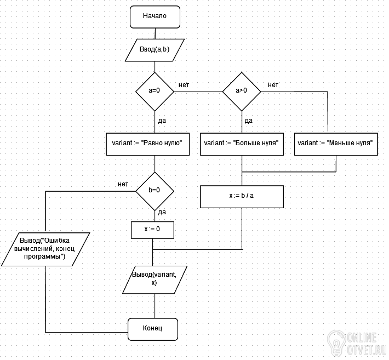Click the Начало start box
(155, 17)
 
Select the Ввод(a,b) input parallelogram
(155, 50)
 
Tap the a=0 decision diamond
(155, 92)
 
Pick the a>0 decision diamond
(242, 92)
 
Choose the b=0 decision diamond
(155, 191)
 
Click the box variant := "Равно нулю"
(148, 144)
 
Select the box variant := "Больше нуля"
(242, 144)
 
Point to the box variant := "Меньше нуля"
(336, 144)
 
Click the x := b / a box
(242, 197)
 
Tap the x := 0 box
(152, 230)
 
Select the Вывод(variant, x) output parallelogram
(155, 280)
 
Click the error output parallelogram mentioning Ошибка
(45, 249)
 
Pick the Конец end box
(153, 329)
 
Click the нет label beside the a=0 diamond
(184, 85)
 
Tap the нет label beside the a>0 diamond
(273, 85)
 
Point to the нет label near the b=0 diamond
(123, 184)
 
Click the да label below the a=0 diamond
(162, 121)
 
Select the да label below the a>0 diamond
(249, 121)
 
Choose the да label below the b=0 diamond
(162, 213)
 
